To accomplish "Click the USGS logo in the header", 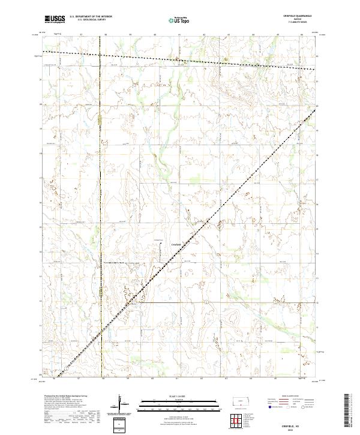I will [55, 19].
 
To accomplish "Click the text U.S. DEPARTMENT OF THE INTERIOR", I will [91, 17].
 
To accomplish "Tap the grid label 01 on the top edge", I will [179, 35].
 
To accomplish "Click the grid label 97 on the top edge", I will [80, 35].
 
